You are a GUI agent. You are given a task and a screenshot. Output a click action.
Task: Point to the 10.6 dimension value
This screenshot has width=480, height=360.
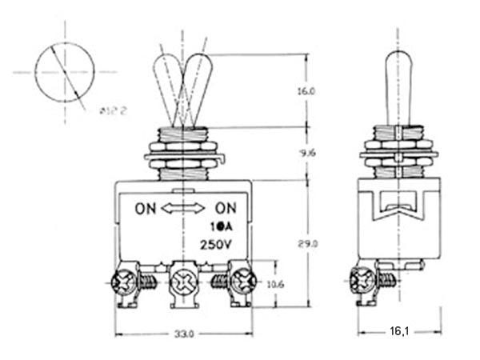pyautogui.click(x=274, y=284)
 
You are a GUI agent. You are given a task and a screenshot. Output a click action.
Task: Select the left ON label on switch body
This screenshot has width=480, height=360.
pyautogui.click(x=146, y=210)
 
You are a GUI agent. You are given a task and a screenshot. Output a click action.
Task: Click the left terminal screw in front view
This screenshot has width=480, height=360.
pyautogui.click(x=125, y=282)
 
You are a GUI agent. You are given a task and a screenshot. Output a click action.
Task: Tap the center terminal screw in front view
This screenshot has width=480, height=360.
pyautogui.click(x=184, y=282)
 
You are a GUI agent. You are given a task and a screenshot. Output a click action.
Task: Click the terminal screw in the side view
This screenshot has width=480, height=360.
pyautogui.click(x=362, y=281)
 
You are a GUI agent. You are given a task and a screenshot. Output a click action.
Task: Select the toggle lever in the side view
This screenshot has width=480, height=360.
pyautogui.click(x=398, y=88)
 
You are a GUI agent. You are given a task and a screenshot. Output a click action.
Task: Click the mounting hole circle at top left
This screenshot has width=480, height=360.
pyautogui.click(x=65, y=72)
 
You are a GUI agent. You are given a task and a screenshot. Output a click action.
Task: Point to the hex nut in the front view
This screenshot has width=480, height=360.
pyautogui.click(x=184, y=148)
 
